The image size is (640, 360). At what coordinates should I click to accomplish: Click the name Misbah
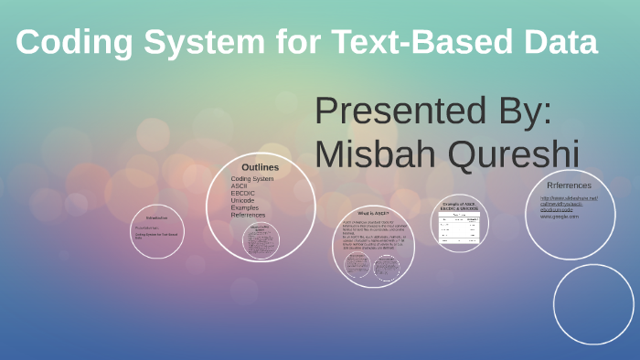[378, 154]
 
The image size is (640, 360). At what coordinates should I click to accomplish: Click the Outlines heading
[261, 167]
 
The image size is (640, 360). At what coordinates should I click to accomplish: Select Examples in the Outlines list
[245, 207]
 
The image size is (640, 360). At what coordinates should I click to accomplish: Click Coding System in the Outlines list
[252, 178]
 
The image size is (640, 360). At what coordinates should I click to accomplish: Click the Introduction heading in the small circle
[156, 217]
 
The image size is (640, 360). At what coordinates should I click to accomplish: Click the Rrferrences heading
[569, 185]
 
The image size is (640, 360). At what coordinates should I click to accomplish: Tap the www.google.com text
[559, 217]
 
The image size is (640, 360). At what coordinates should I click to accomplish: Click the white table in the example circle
[460, 228]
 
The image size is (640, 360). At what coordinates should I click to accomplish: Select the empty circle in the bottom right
[592, 302]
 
